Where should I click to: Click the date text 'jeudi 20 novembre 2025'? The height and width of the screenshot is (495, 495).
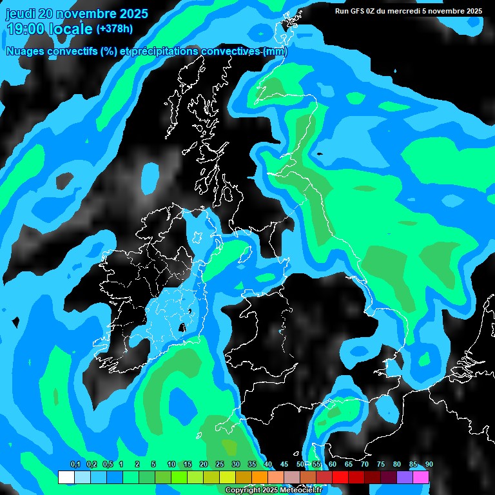(x=77, y=14)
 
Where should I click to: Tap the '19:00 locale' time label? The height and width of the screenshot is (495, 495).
(x=49, y=29)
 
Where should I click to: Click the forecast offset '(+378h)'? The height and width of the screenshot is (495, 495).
(x=114, y=29)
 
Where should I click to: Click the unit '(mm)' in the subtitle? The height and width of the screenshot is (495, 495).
(x=275, y=52)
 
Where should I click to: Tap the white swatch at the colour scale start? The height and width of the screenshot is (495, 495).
(x=66, y=478)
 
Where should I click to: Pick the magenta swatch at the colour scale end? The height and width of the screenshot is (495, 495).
(x=421, y=478)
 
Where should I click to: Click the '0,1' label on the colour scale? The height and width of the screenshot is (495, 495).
(x=75, y=465)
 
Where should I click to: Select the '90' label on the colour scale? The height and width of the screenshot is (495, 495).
(x=429, y=465)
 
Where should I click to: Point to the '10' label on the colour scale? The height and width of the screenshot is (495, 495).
(x=171, y=465)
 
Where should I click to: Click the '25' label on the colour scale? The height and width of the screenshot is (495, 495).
(x=220, y=465)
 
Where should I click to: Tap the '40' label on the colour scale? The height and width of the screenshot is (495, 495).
(x=268, y=465)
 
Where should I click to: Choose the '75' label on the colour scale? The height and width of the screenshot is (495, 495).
(x=381, y=465)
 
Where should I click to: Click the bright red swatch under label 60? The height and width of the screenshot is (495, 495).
(x=340, y=478)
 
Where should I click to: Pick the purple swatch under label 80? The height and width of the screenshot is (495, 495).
(x=405, y=478)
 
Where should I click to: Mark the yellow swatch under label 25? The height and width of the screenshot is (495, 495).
(x=228, y=478)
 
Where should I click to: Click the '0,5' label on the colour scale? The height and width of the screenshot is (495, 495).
(x=107, y=465)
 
